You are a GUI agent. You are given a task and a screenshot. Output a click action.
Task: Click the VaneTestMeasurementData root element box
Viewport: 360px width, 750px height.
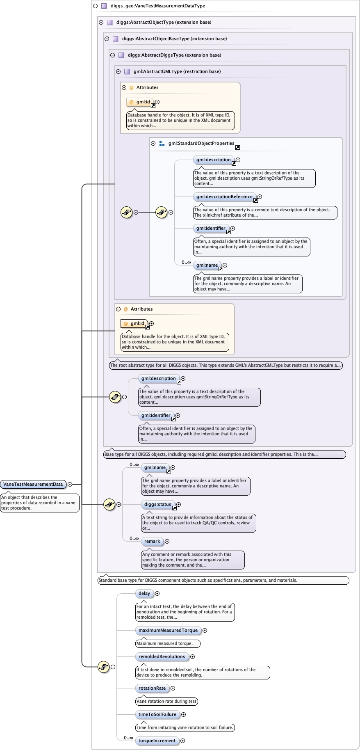click(x=33, y=484)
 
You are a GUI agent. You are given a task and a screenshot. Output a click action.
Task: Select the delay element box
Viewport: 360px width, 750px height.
click(x=144, y=593)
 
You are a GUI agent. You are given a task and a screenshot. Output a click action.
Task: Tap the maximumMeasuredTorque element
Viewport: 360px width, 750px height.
click(x=168, y=630)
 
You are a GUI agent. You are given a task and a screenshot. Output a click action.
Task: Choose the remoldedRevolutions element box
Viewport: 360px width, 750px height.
click(x=162, y=656)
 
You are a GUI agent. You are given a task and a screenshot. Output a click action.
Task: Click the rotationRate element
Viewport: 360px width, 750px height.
click(x=152, y=688)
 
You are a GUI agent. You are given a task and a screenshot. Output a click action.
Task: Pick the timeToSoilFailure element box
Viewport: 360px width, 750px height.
click(x=157, y=714)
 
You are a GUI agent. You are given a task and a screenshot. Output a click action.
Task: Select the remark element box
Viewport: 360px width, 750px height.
click(x=152, y=541)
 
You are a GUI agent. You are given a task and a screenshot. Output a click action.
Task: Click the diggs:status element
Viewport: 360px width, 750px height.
click(x=158, y=504)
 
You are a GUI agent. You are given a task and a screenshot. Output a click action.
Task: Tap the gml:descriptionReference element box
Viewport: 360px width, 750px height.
click(x=224, y=197)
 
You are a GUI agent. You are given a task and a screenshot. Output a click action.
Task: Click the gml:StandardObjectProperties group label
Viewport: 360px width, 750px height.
click(x=201, y=143)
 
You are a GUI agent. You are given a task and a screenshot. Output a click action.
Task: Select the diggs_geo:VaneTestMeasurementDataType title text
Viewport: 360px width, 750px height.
click(x=158, y=6)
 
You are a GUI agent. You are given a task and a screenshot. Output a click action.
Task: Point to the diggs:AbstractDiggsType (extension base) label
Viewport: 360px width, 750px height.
click(x=174, y=55)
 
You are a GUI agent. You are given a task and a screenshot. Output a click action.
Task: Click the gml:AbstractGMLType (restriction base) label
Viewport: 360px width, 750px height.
click(x=177, y=71)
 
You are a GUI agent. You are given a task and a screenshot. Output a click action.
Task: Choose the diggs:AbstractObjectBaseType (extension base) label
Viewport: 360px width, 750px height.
click(x=174, y=39)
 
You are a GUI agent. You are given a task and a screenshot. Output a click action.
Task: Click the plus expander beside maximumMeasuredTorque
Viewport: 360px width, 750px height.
click(x=205, y=630)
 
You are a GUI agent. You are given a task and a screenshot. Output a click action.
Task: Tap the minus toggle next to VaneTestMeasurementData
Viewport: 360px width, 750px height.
click(x=70, y=484)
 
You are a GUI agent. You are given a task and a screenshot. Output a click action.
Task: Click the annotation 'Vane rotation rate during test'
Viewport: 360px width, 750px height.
click(x=166, y=701)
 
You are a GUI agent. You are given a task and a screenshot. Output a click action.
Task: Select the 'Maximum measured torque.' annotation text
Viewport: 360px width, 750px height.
click(x=164, y=643)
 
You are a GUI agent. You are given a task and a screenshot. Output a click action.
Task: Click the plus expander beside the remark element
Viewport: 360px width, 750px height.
click(x=167, y=541)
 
